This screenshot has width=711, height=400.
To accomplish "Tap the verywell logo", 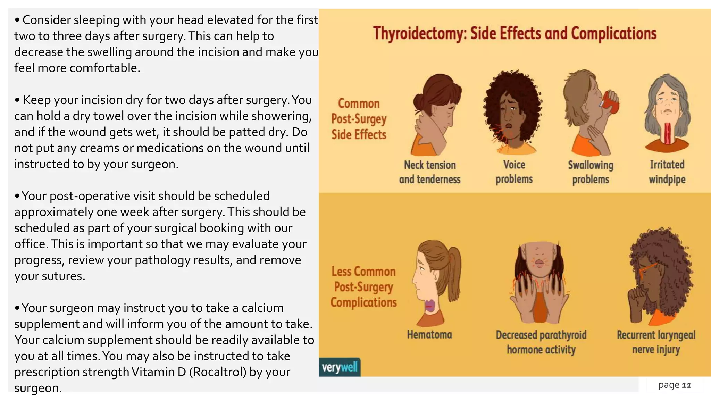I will [x=340, y=367].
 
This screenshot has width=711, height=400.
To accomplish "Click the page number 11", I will [x=686, y=385].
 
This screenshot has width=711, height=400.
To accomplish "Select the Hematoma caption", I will [x=429, y=335].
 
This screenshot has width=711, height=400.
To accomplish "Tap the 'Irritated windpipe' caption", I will [x=667, y=172].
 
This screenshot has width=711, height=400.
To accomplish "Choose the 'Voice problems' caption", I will [x=514, y=172].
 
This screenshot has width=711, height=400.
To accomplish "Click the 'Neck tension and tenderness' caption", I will [x=429, y=172].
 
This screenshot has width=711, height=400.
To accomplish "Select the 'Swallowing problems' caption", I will [x=591, y=172].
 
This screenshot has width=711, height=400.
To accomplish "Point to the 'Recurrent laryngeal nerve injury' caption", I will [x=656, y=342].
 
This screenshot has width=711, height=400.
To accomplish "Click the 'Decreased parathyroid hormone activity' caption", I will [x=541, y=342].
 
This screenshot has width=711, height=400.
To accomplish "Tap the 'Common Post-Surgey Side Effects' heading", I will [x=359, y=119].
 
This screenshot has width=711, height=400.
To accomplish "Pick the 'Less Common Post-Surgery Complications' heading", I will [x=363, y=287].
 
